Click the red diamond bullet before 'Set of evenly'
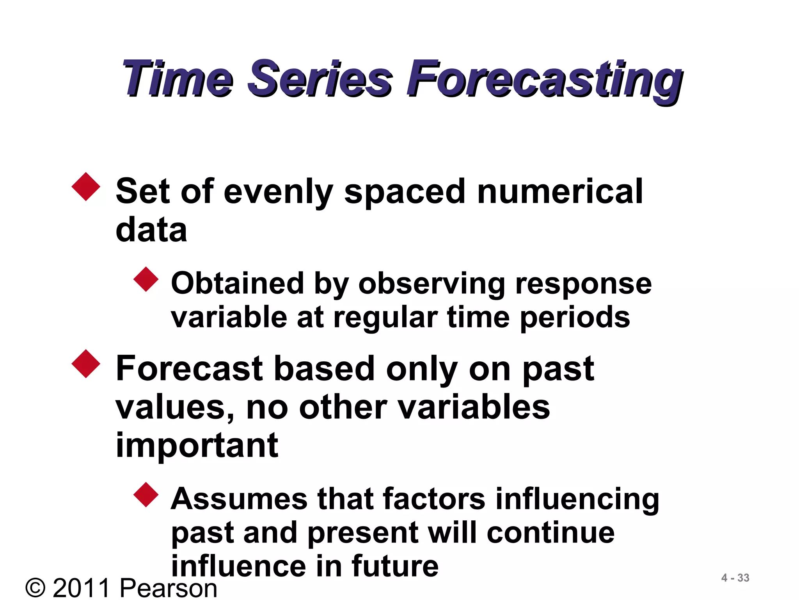point(86,187)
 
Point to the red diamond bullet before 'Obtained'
point(146,279)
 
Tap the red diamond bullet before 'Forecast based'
point(86,364)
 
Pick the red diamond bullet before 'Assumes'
point(146,495)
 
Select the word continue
point(550,533)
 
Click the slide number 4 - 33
point(735,578)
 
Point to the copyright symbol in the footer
point(36,588)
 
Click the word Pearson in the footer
point(169,588)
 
